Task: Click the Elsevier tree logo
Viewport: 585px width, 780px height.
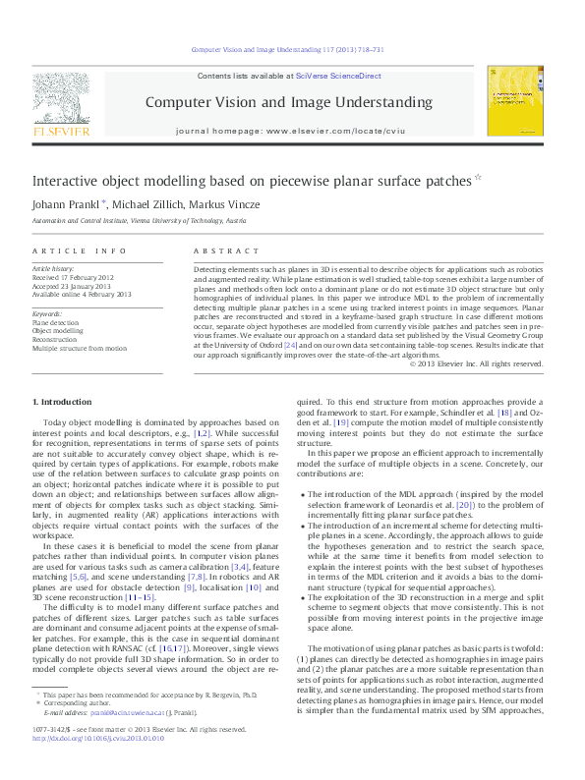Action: point(62,98)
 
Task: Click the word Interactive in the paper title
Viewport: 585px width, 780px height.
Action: point(66,181)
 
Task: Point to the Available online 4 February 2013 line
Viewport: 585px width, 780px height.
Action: point(82,294)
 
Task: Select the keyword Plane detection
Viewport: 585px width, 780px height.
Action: point(58,322)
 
